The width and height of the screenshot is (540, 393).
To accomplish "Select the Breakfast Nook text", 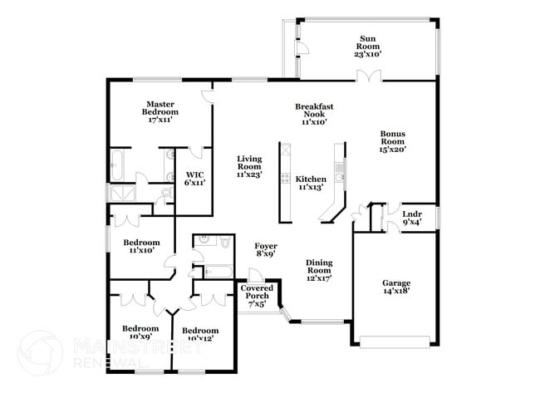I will pyautogui.click(x=315, y=114).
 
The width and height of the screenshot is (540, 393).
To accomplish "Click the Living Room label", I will pyautogui.click(x=248, y=167).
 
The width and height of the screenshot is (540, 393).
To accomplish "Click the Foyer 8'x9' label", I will pyautogui.click(x=266, y=250).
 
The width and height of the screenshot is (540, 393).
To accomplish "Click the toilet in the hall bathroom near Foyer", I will pyautogui.click(x=225, y=241).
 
